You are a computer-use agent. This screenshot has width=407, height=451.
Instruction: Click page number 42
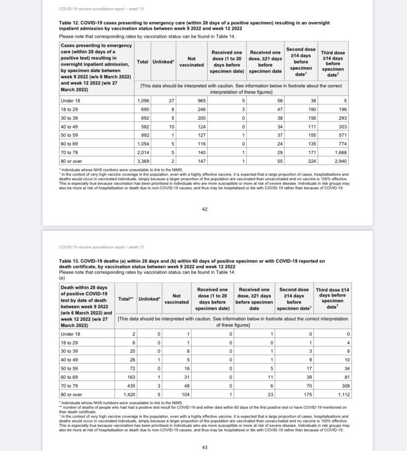tap(204, 209)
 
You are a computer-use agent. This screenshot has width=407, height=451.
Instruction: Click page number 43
tap(204, 448)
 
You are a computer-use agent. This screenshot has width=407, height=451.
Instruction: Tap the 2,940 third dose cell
tap(340, 161)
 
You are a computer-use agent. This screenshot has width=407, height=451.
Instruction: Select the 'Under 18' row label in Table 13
tap(70, 334)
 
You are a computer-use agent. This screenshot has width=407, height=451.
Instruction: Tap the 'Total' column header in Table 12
tap(142, 62)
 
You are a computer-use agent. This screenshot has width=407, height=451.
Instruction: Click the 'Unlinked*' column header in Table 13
tap(149, 299)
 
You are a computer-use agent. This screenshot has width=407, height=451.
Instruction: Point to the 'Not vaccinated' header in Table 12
tap(191, 62)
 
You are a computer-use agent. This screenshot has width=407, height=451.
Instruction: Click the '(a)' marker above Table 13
tap(62, 278)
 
